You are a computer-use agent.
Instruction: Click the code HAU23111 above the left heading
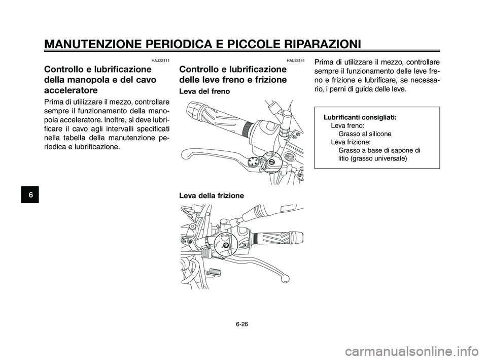[x=160, y=61]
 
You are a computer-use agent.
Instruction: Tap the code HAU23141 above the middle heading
[x=295, y=61]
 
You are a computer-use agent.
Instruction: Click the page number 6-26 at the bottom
[x=243, y=321]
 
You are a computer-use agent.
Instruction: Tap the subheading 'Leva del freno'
[x=205, y=92]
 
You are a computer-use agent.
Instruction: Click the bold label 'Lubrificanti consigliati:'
[x=360, y=117]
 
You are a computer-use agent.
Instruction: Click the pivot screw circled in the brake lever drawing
[x=272, y=161]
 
